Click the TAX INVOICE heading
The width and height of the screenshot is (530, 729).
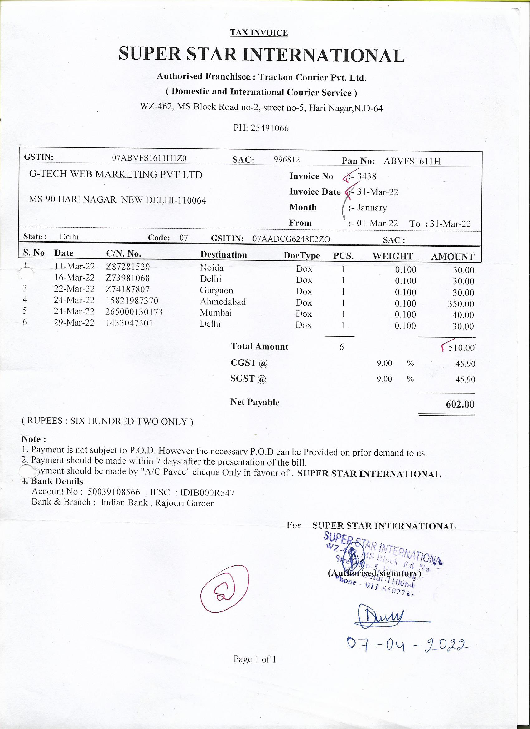pos(259,33)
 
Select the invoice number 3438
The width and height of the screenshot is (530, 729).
pos(366,176)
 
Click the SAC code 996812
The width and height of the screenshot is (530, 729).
pos(287,159)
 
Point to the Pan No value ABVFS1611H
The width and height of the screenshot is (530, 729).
pos(412,161)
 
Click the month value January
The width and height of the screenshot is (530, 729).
pos(372,208)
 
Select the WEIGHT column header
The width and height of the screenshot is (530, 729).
pos(393,256)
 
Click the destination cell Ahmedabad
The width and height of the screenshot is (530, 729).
pos(223,302)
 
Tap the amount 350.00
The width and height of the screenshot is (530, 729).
pos(460,304)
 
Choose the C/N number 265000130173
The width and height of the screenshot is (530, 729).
pos(134,312)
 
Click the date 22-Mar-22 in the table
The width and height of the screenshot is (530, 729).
pos(74,289)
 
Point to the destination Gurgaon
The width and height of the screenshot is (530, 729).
pos(216,291)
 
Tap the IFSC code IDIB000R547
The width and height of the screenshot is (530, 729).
pos(207,493)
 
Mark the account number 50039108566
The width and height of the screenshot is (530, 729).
pos(114,492)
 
